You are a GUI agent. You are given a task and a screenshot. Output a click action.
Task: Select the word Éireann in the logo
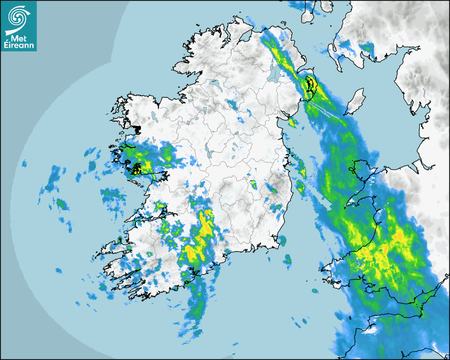click(19, 46)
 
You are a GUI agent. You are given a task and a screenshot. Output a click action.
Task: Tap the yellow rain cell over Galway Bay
click(139, 169)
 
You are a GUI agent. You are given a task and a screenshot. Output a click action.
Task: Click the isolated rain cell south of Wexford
click(287, 260)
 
